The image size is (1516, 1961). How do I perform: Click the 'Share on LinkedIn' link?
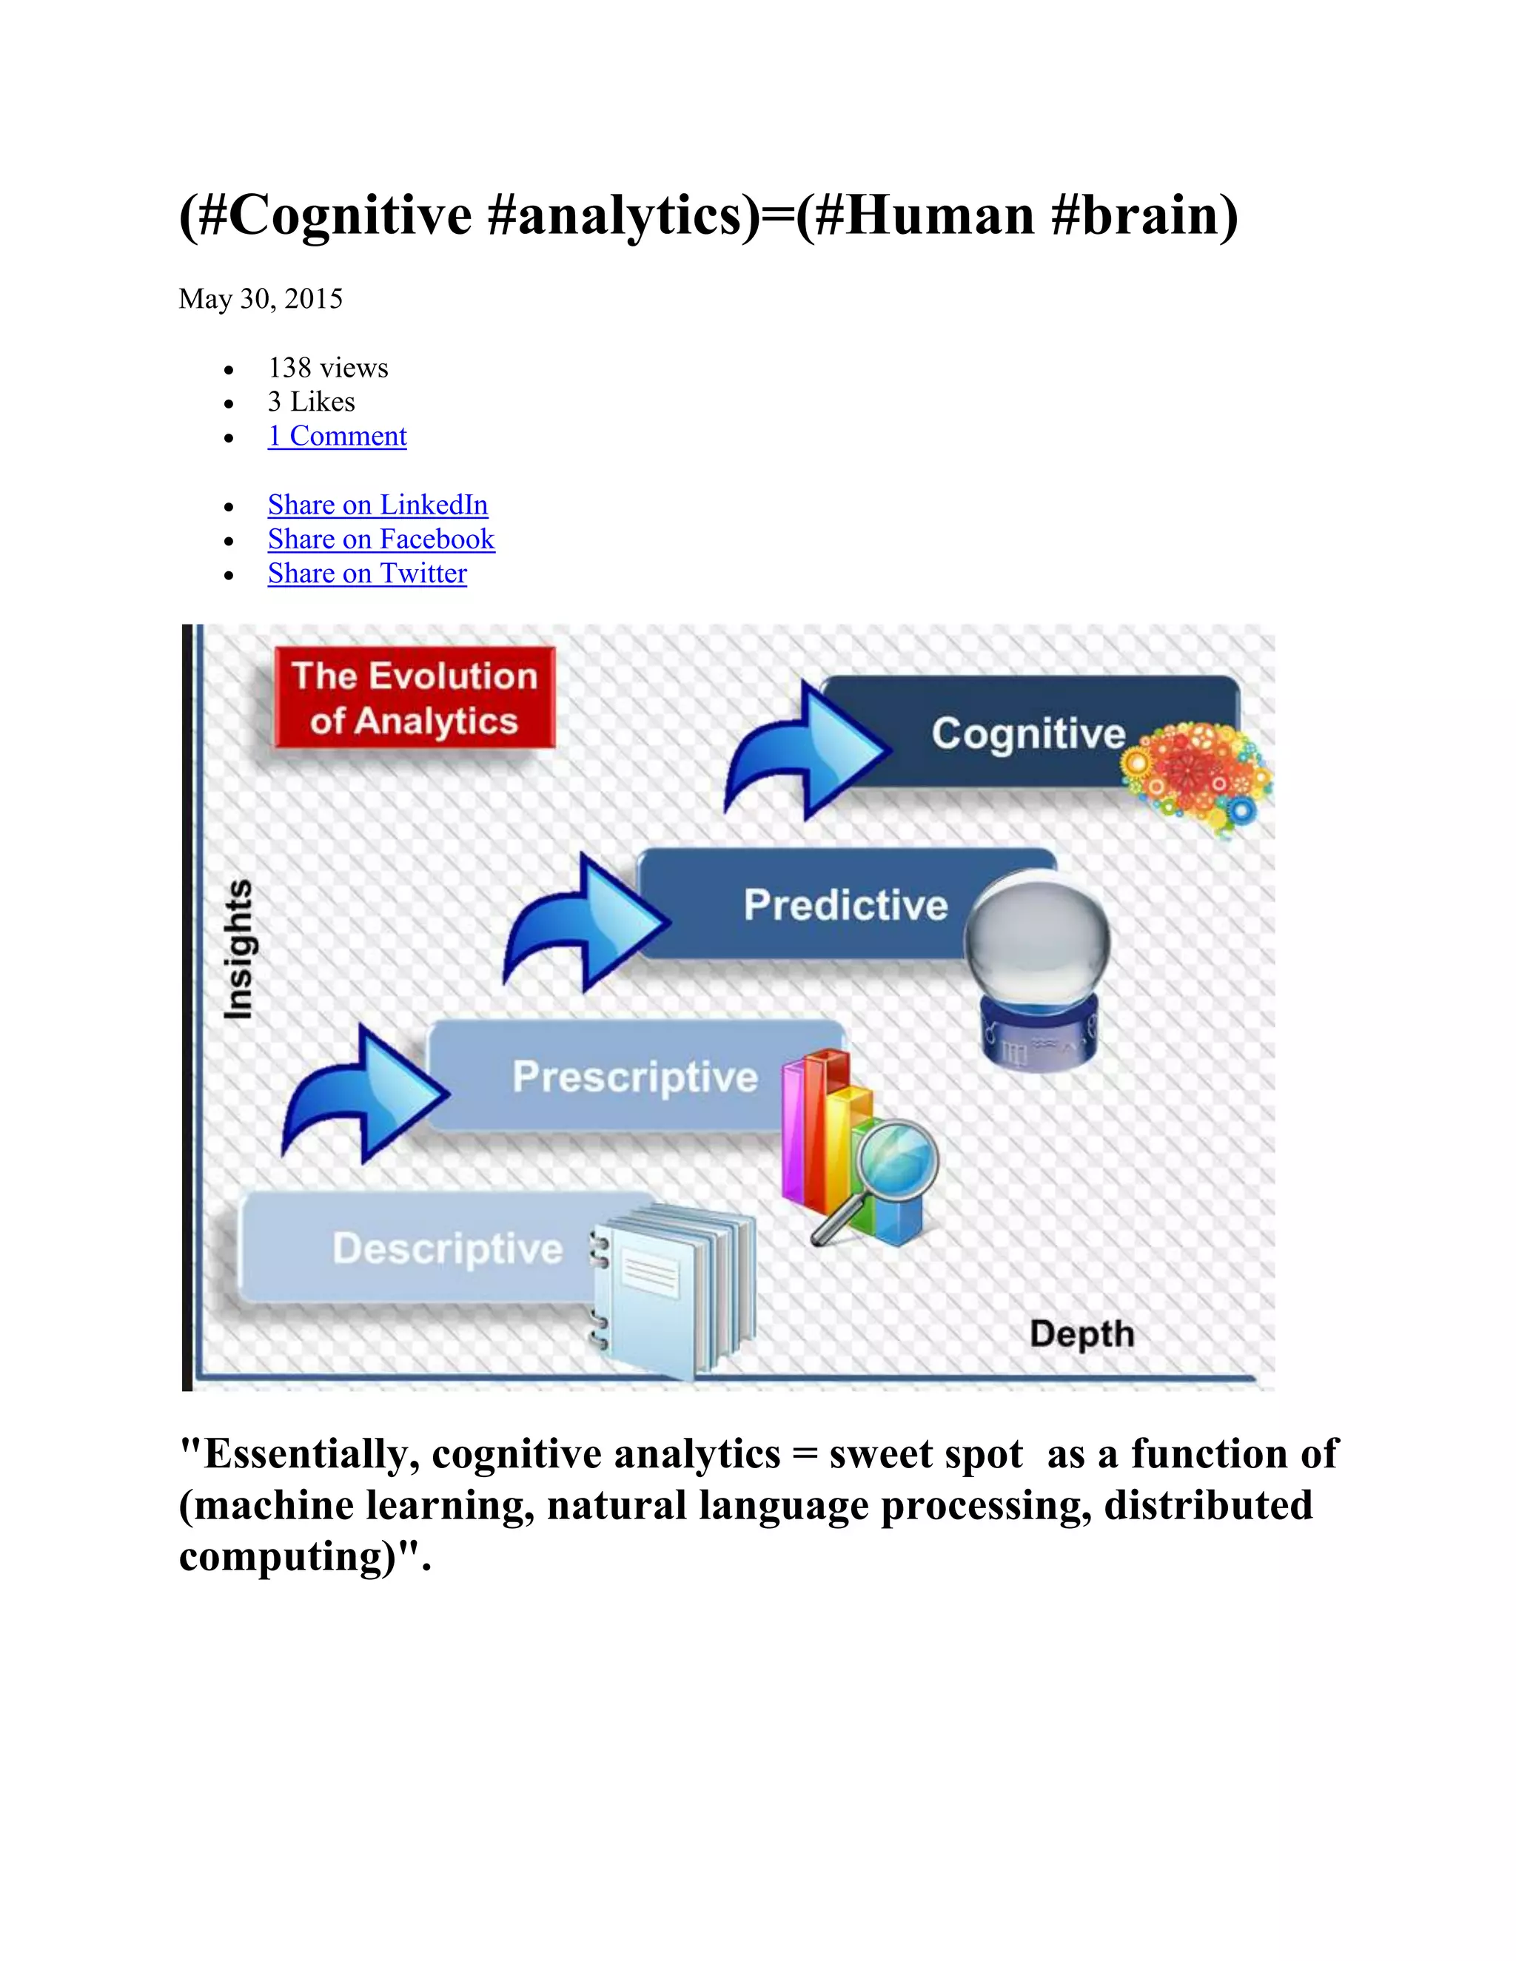pyautogui.click(x=378, y=505)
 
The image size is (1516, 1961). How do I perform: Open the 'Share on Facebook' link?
pyautogui.click(x=380, y=539)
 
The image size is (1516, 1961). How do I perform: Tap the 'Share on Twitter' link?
pyautogui.click(x=367, y=573)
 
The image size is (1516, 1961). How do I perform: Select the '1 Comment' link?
pyautogui.click(x=337, y=437)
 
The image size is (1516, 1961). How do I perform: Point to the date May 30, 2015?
pyautogui.click(x=261, y=299)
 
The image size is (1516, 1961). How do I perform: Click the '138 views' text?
pyautogui.click(x=328, y=368)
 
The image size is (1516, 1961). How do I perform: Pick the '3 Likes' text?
pyautogui.click(x=311, y=403)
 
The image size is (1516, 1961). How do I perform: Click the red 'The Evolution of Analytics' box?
pyautogui.click(x=414, y=698)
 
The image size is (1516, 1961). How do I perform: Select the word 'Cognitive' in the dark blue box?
pyautogui.click(x=1027, y=733)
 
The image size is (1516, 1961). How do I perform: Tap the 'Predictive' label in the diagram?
pyautogui.click(x=845, y=905)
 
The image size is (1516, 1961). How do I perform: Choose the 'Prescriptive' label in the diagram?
pyautogui.click(x=635, y=1077)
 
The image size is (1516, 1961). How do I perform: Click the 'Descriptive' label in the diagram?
pyautogui.click(x=447, y=1249)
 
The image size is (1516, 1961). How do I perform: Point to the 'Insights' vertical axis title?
pyautogui.click(x=238, y=949)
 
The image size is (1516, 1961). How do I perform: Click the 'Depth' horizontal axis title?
pyautogui.click(x=1081, y=1333)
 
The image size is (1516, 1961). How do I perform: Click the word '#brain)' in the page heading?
pyautogui.click(x=1143, y=216)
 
